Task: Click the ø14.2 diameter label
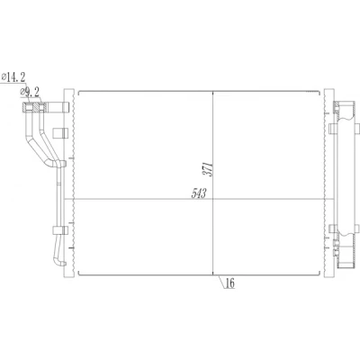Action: pos(13,77)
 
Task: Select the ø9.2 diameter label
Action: pos(30,93)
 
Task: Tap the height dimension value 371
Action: pos(209,169)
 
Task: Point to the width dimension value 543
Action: pos(199,193)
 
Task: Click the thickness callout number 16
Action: pos(229,283)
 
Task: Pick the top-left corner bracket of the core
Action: pos(78,92)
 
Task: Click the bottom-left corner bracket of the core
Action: pos(78,274)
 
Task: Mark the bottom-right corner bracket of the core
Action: pos(319,274)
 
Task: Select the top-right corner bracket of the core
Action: pos(318,92)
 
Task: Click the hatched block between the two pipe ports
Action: pos(36,107)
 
